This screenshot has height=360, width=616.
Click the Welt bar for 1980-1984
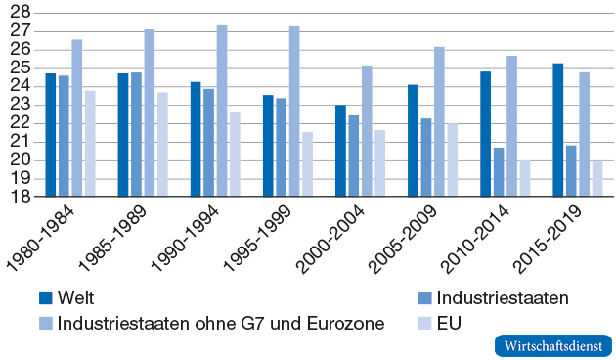click(51, 135)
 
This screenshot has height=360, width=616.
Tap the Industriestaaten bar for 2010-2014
click(499, 172)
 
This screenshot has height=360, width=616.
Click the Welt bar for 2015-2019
click(558, 130)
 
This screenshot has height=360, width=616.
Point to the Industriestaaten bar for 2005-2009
click(426, 157)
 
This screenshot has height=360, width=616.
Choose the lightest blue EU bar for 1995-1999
click(307, 164)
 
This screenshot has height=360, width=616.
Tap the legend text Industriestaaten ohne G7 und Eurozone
click(221, 322)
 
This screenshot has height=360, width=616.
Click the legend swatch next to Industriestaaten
click(423, 298)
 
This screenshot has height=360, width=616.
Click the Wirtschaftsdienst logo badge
click(550, 346)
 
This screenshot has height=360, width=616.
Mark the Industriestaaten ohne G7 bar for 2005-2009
click(439, 121)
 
